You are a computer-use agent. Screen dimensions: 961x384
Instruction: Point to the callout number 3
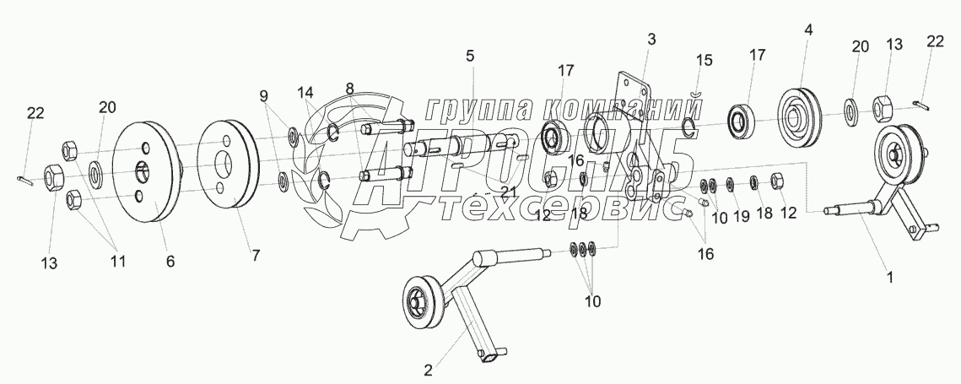651,39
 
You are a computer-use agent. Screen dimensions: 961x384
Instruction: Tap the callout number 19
742,217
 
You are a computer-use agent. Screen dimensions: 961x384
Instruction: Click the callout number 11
117,262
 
